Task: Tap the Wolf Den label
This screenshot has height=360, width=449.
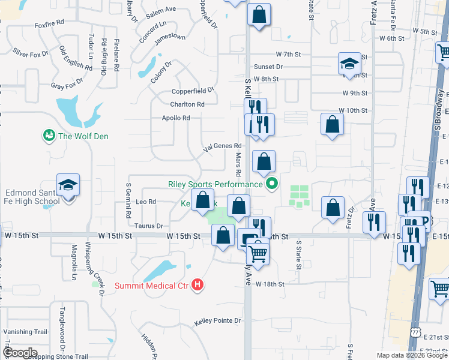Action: coord(83,136)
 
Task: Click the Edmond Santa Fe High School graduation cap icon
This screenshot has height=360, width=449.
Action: coord(68,185)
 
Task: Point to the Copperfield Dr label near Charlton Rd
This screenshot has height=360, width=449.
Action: coord(193,91)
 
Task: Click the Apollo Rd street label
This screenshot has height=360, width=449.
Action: coord(176,118)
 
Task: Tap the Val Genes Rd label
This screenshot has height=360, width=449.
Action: coord(223,146)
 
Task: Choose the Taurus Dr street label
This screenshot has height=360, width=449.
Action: coord(149,226)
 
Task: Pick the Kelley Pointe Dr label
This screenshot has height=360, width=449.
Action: coord(217,322)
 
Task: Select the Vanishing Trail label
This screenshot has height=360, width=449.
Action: coord(25,332)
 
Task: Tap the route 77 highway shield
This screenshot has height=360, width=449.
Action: coord(415,332)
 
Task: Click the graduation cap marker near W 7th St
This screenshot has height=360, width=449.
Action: coord(348,64)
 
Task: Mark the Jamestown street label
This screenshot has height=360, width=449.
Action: coord(170,37)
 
